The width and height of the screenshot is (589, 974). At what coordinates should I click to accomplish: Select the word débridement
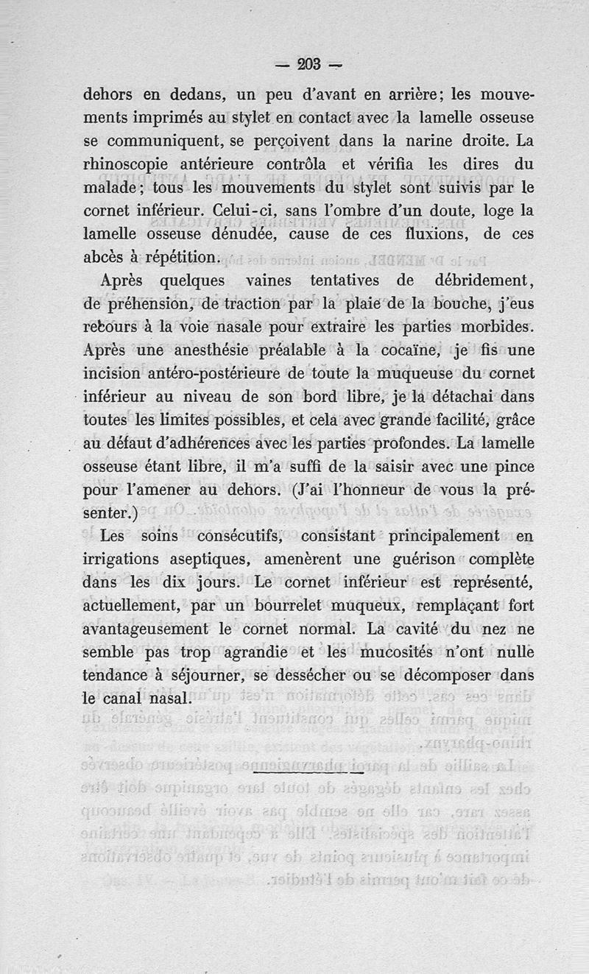(481, 280)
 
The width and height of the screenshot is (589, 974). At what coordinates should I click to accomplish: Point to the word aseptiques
(239, 560)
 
